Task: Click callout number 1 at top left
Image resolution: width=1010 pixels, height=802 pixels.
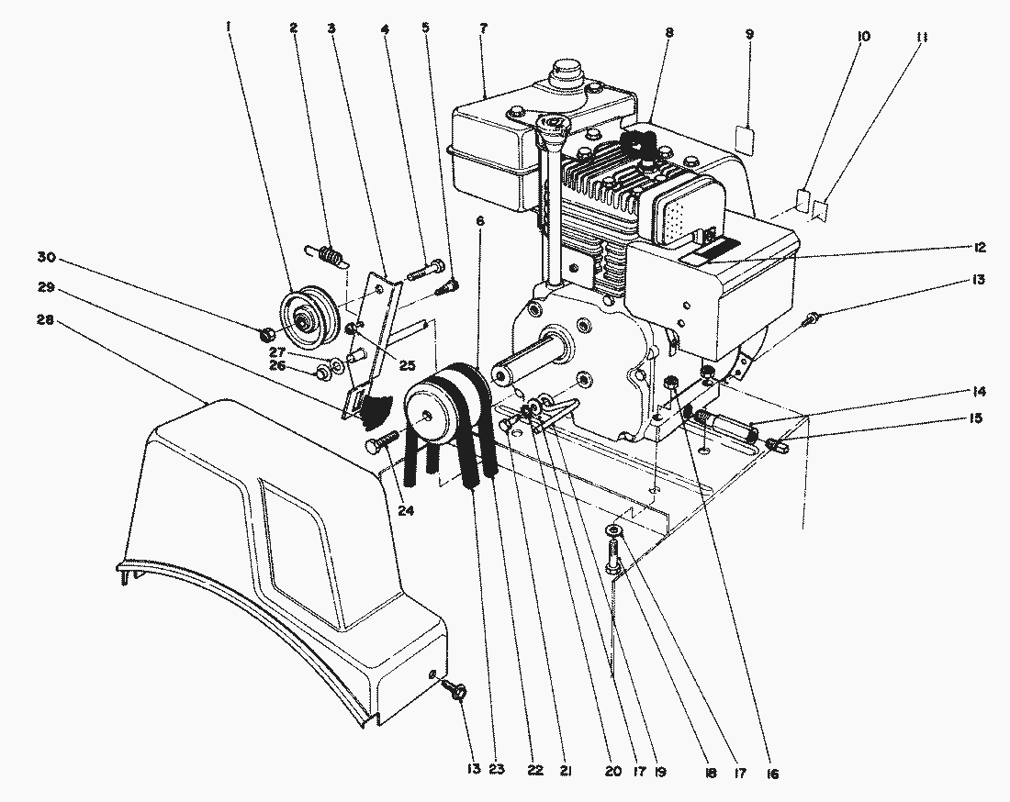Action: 228,28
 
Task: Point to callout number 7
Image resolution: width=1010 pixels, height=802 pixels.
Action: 483,28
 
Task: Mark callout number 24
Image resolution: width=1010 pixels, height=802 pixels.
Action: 405,511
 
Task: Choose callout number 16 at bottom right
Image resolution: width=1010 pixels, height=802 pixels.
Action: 772,774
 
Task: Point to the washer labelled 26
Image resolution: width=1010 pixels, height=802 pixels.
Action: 322,373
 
